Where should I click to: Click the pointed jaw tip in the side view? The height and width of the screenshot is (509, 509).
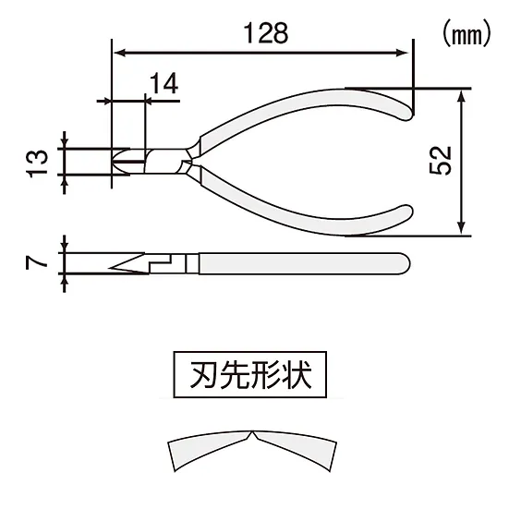coord(115,269)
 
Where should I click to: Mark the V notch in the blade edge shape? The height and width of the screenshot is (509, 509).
coord(251,434)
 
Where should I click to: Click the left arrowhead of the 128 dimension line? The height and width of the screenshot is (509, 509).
coord(116,52)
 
